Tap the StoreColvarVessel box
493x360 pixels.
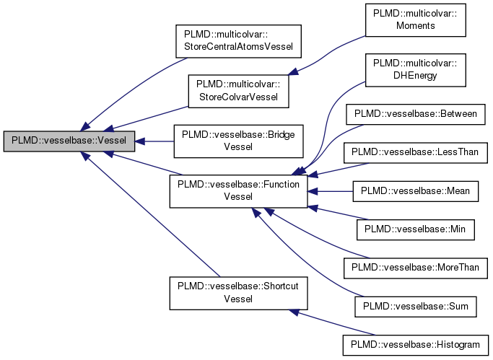tap(238, 92)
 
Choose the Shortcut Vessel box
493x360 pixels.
tap(239, 292)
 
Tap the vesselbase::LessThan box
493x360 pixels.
tap(414, 152)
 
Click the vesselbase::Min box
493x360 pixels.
tap(414, 229)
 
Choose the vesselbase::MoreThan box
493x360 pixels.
tap(414, 268)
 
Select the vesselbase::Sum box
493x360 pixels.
tap(414, 307)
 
